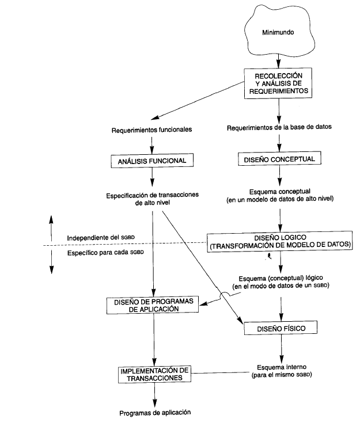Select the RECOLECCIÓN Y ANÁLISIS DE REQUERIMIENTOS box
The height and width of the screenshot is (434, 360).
pyautogui.click(x=279, y=83)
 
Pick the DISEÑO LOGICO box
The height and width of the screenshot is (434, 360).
pyautogui.click(x=281, y=242)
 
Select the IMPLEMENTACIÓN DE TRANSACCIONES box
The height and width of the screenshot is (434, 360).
pyautogui.click(x=153, y=374)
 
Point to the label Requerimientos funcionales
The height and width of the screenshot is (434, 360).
pyautogui.click(x=151, y=131)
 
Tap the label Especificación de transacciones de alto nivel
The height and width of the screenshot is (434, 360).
pyautogui.click(x=153, y=199)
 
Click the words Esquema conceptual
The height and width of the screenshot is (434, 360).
pyautogui.click(x=279, y=192)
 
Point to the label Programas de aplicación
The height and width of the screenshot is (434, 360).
pyautogui.click(x=154, y=413)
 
